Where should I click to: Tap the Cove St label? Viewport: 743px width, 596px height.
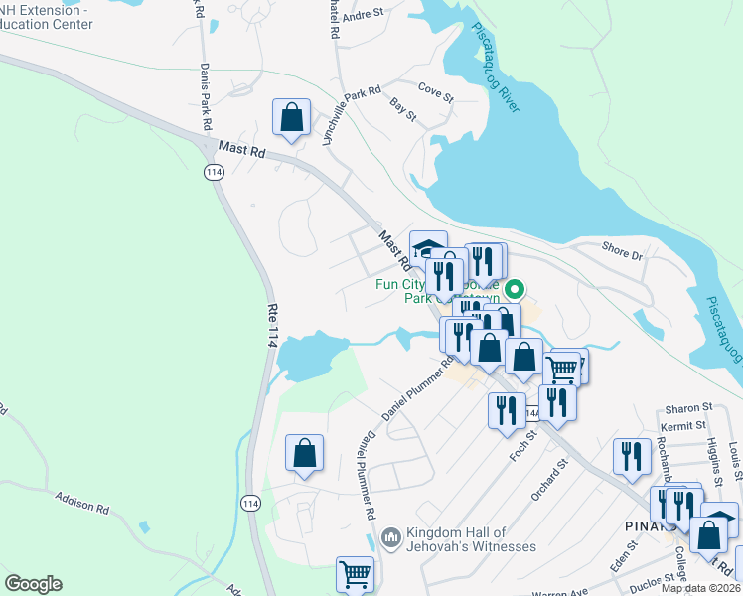tap(435, 92)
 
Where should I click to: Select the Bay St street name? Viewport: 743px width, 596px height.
tap(402, 109)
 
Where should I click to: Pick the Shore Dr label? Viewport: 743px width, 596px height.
tap(623, 249)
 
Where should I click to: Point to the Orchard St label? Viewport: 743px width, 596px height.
tap(548, 478)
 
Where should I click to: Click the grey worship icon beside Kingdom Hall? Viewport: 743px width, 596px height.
tap(389, 537)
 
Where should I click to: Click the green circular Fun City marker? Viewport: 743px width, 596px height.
tap(515, 290)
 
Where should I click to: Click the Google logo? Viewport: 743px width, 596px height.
tap(33, 584)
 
